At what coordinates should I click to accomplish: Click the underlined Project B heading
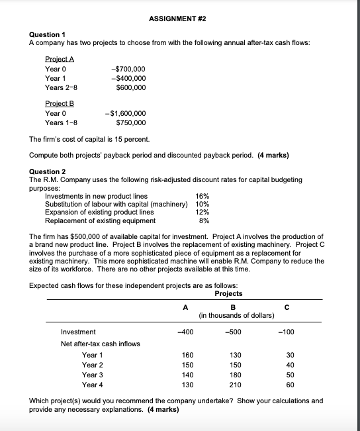[x=59, y=104]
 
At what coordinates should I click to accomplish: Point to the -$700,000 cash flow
[x=130, y=70]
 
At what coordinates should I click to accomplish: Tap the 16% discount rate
[x=203, y=196]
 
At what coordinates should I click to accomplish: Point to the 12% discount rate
[x=203, y=213]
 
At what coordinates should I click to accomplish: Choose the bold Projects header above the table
[x=229, y=293]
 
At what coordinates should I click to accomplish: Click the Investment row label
[x=78, y=332]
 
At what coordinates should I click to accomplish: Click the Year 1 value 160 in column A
[x=187, y=355]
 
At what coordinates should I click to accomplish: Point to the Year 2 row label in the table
[x=93, y=365]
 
